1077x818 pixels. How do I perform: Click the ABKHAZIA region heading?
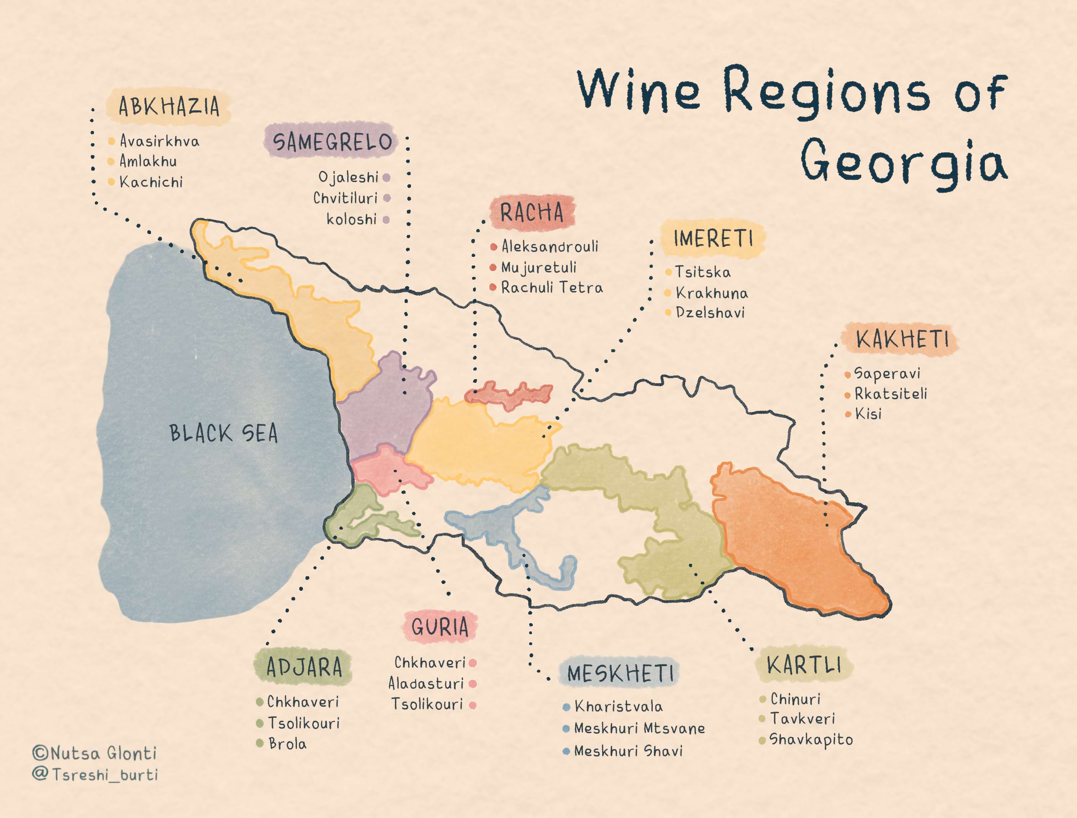(169, 106)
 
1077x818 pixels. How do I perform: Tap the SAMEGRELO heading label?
(332, 142)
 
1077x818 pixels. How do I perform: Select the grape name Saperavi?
(887, 374)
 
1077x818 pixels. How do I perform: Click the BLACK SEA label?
(224, 433)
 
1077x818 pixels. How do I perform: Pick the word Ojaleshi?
(348, 177)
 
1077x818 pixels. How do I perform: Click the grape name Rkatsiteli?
(890, 393)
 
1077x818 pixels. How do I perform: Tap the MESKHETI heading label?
(620, 674)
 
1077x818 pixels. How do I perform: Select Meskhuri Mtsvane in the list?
(639, 729)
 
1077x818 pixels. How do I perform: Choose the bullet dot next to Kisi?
(848, 414)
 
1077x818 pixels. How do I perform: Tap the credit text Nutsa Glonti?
(95, 753)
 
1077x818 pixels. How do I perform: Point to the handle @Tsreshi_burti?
(95, 774)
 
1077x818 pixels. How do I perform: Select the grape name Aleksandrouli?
(550, 246)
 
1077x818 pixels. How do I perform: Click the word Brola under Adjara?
(287, 744)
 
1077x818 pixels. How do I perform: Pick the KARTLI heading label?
(804, 665)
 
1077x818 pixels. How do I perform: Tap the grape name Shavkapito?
(811, 740)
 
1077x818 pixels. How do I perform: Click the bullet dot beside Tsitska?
(668, 272)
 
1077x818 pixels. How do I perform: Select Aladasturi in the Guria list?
(426, 683)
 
